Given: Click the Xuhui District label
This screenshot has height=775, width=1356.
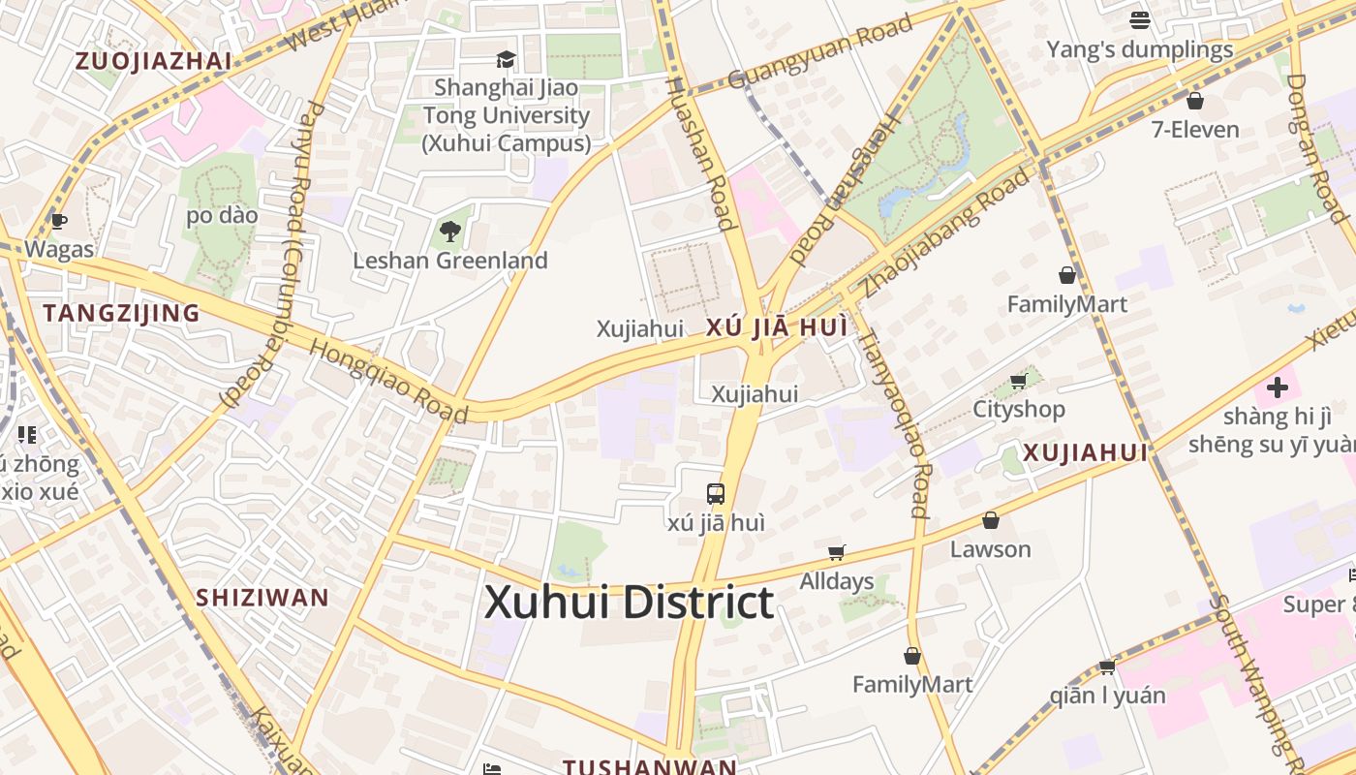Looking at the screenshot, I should (629, 603).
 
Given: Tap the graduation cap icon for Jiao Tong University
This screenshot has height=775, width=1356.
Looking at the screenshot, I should (506, 60).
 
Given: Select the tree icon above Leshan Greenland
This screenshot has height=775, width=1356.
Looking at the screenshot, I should (449, 232).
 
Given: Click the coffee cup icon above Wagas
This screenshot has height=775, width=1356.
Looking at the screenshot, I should (59, 221).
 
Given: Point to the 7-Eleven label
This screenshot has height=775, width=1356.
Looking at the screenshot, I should (1195, 129).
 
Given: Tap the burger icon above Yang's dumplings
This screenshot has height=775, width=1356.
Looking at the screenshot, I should (1140, 20).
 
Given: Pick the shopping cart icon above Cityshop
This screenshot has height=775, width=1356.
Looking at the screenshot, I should (1018, 381).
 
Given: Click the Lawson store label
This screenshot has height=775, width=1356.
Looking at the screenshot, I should (990, 549).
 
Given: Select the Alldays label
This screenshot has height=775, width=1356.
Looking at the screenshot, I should (837, 581).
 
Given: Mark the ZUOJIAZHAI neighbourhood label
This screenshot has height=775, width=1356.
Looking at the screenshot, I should (153, 61).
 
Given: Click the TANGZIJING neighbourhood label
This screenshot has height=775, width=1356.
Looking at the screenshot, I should (121, 313).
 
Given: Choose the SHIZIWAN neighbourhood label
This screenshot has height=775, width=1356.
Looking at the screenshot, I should (262, 597).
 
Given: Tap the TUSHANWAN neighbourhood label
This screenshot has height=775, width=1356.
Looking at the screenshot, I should (650, 766).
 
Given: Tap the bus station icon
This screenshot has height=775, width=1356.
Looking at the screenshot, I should (716, 493).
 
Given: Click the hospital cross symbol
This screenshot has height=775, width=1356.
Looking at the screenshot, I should (1278, 387).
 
